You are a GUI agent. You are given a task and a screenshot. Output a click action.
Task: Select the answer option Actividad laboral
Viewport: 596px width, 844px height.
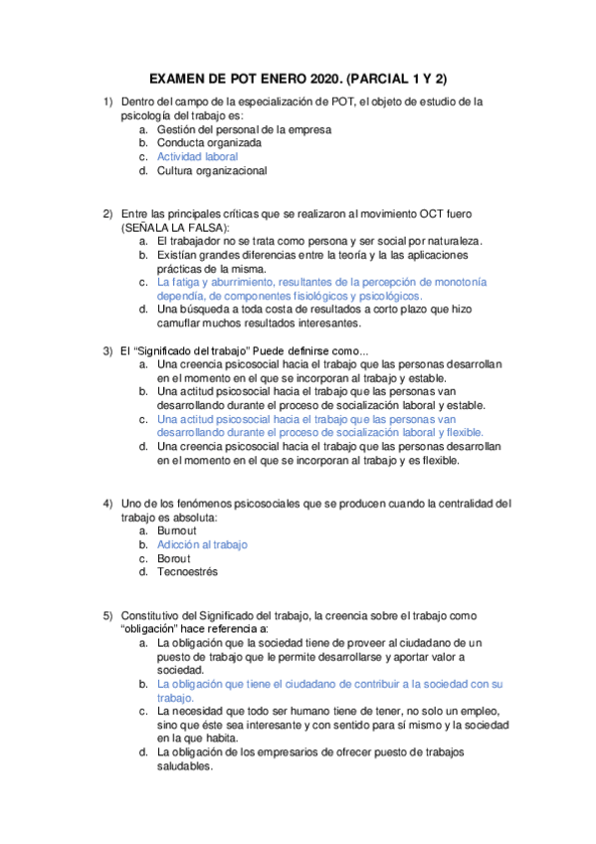click(x=197, y=156)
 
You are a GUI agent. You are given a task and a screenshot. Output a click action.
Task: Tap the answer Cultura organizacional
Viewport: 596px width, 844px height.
click(x=211, y=170)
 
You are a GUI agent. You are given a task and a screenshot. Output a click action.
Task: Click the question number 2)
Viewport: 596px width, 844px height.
click(x=107, y=214)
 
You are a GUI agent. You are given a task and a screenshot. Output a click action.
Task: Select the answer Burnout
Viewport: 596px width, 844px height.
click(x=177, y=530)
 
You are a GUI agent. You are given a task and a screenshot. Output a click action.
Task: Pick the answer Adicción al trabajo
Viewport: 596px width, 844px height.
click(x=202, y=544)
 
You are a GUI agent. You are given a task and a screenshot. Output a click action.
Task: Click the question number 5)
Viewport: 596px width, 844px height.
click(x=107, y=616)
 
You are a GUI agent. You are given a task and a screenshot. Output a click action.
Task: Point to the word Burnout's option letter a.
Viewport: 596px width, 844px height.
click(x=143, y=530)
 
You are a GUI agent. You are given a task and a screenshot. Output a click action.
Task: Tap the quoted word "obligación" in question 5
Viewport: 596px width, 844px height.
click(x=153, y=630)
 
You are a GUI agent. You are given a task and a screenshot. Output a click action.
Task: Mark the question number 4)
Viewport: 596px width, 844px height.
click(x=107, y=503)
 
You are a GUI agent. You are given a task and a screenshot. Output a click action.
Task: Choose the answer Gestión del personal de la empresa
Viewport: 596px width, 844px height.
click(x=244, y=128)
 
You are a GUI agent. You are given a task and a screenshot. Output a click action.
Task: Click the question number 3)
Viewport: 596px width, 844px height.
click(x=107, y=350)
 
